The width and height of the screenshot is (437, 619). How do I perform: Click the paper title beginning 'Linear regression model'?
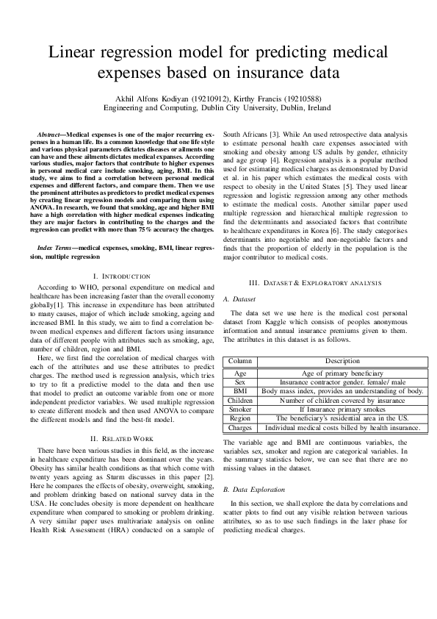click(x=218, y=63)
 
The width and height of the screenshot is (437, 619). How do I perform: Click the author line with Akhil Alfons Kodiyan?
click(x=218, y=96)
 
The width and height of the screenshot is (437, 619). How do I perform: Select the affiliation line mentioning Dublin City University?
click(x=218, y=107)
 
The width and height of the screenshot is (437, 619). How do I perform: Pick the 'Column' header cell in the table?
click(x=240, y=361)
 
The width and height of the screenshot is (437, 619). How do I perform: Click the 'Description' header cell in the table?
click(x=342, y=361)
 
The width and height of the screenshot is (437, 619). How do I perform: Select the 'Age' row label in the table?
click(x=240, y=374)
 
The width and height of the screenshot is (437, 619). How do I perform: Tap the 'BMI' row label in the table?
click(x=240, y=392)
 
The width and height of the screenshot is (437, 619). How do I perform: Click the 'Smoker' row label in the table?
click(x=240, y=409)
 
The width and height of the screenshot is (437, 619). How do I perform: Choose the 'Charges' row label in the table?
click(x=240, y=427)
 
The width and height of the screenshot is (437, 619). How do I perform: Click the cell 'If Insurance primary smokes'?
click(x=342, y=409)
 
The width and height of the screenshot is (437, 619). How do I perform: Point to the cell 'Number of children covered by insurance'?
click(x=342, y=401)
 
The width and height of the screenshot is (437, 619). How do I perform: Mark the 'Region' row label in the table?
click(x=240, y=418)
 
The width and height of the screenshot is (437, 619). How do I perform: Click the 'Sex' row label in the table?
click(x=240, y=383)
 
